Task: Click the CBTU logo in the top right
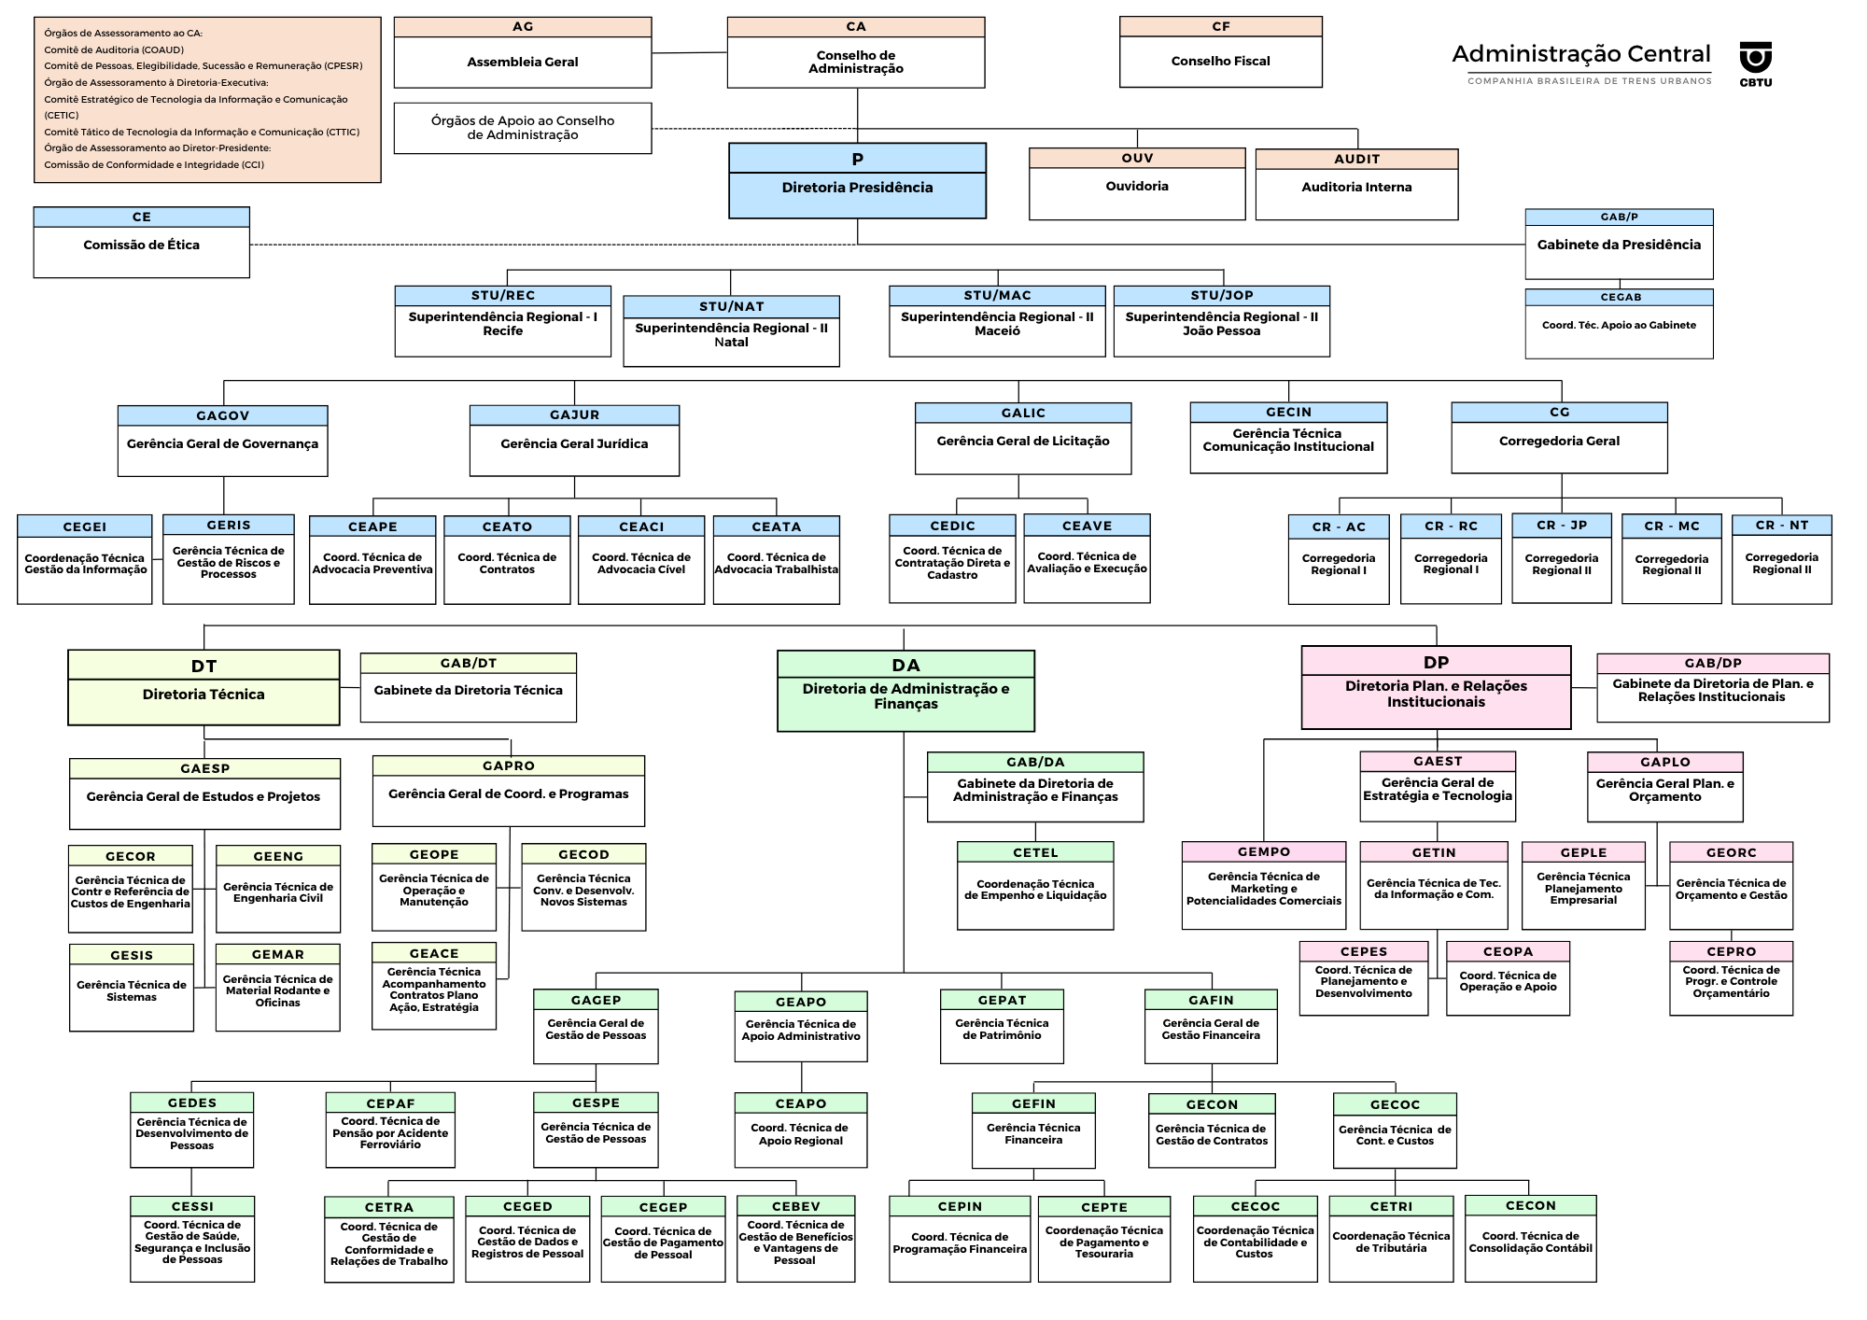click(1755, 63)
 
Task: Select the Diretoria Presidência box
click(857, 181)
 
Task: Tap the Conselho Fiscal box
click(1220, 52)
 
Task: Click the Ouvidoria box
click(1136, 185)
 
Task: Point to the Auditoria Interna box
click(1356, 186)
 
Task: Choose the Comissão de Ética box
click(141, 243)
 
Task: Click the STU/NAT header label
click(731, 306)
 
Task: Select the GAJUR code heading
click(574, 414)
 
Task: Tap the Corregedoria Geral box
click(1559, 439)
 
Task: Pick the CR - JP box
click(1561, 558)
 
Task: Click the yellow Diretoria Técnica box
click(204, 688)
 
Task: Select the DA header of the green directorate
click(905, 665)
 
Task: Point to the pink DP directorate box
click(1436, 688)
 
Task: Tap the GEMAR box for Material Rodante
click(277, 987)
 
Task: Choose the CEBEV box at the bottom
click(795, 1239)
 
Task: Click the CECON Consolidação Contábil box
click(1530, 1238)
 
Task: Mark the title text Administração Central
click(1581, 54)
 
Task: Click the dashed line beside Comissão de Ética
click(551, 245)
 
